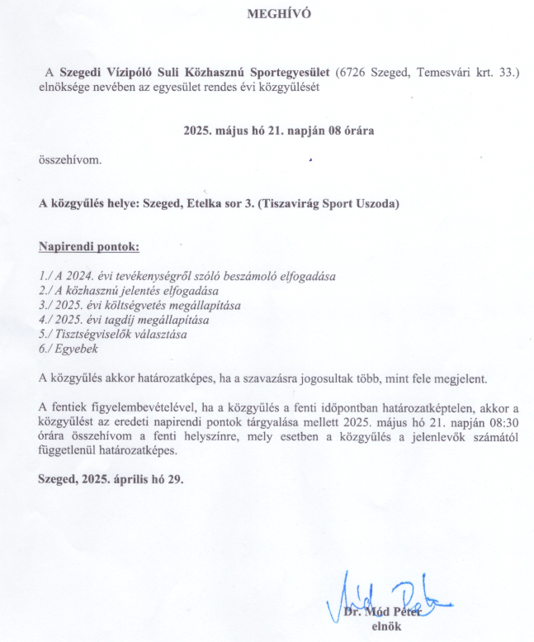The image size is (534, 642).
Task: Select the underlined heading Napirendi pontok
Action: (89, 247)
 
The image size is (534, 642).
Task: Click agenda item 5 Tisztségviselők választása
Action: (113, 334)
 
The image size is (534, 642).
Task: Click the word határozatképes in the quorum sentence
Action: (193, 378)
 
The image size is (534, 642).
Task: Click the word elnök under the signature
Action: (386, 625)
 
